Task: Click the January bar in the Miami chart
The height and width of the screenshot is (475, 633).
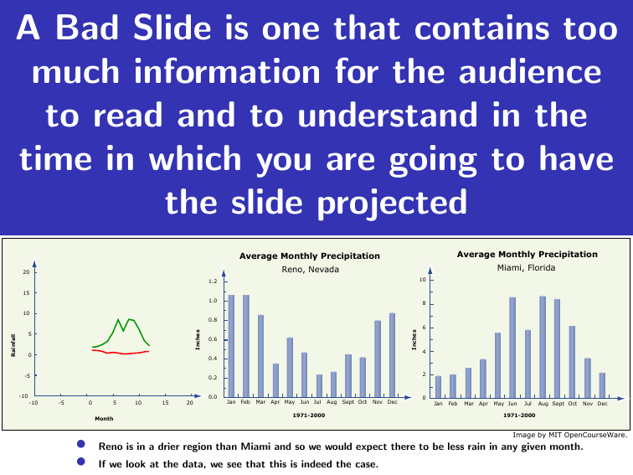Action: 438,386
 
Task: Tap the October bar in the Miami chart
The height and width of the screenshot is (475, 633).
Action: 572,361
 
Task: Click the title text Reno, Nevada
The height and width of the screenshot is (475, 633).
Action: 310,269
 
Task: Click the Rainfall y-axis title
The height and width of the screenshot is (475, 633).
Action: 13,344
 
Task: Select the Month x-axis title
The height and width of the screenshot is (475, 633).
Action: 104,418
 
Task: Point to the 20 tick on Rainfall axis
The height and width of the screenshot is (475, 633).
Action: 26,272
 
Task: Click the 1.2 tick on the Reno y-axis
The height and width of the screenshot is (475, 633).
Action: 213,281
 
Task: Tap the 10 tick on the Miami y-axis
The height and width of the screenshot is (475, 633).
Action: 421,279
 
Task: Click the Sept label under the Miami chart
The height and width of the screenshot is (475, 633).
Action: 557,404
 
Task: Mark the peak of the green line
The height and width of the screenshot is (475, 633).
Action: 119,318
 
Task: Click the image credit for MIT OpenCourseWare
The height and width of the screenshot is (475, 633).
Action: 569,435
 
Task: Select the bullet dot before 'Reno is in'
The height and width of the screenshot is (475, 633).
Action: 81,446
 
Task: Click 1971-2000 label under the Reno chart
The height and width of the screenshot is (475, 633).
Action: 310,416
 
